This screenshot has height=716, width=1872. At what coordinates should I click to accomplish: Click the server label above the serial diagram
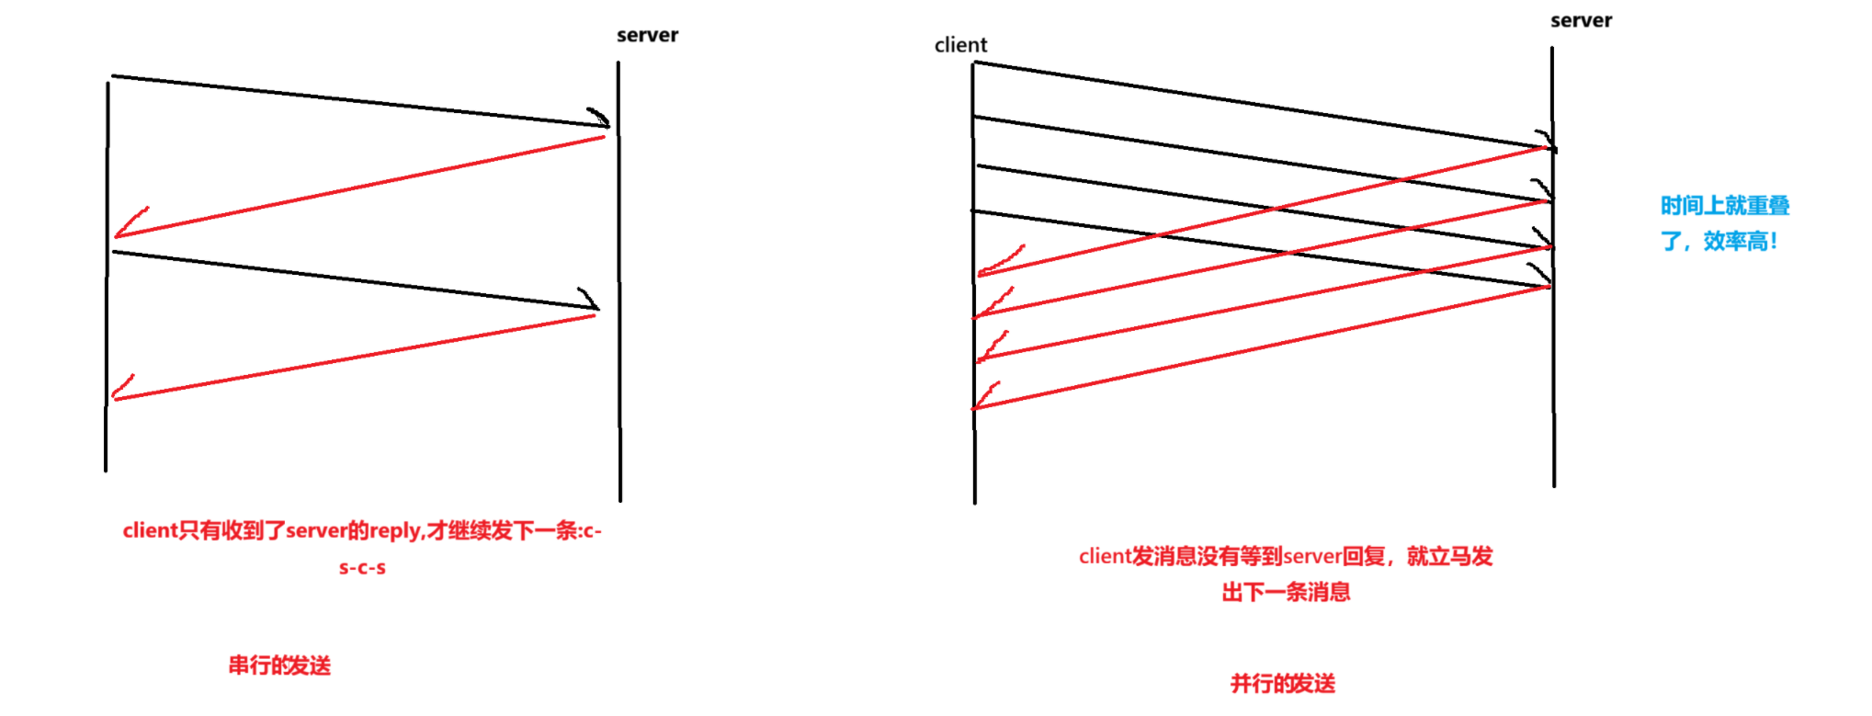point(647,35)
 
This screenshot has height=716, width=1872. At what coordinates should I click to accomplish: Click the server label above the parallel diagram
point(1581,20)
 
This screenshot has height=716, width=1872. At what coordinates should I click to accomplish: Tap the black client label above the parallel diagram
point(960,45)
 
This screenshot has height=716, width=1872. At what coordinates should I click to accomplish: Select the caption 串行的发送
point(279,665)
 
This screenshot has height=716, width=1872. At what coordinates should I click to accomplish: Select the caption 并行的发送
point(1283,684)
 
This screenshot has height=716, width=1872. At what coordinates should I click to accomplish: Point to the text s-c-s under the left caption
point(362,568)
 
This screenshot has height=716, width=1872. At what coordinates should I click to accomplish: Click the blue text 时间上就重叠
point(1725,206)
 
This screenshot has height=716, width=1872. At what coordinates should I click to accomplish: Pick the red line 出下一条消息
point(1286,593)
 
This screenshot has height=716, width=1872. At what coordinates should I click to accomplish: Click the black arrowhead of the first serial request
point(599,119)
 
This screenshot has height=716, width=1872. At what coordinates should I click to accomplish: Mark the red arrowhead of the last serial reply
point(122,388)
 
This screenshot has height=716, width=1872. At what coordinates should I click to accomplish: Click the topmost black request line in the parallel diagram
point(1259,104)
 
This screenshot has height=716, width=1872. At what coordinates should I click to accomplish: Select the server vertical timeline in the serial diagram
point(619,368)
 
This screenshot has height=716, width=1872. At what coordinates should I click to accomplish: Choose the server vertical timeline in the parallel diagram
point(1553,386)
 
